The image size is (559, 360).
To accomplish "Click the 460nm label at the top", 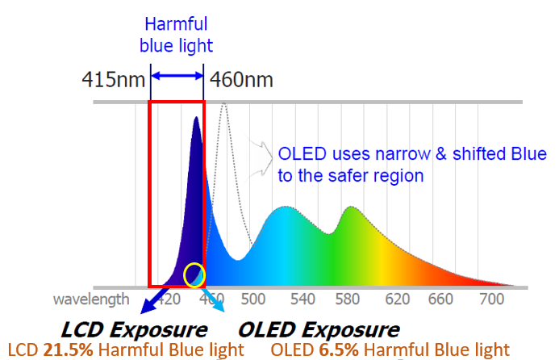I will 241,80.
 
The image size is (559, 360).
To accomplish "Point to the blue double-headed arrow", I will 177,76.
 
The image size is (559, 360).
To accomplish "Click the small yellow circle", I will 194,275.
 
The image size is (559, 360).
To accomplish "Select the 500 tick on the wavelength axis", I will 253,299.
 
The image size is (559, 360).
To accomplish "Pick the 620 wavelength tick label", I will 396,299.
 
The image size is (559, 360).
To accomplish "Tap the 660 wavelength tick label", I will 442,299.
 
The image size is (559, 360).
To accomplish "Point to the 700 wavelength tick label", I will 490,299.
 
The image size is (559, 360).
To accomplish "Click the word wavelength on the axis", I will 90,299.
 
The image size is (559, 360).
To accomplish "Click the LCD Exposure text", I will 134,329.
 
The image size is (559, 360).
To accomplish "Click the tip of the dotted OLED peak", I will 224,104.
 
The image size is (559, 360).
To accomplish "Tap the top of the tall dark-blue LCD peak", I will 195,118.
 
